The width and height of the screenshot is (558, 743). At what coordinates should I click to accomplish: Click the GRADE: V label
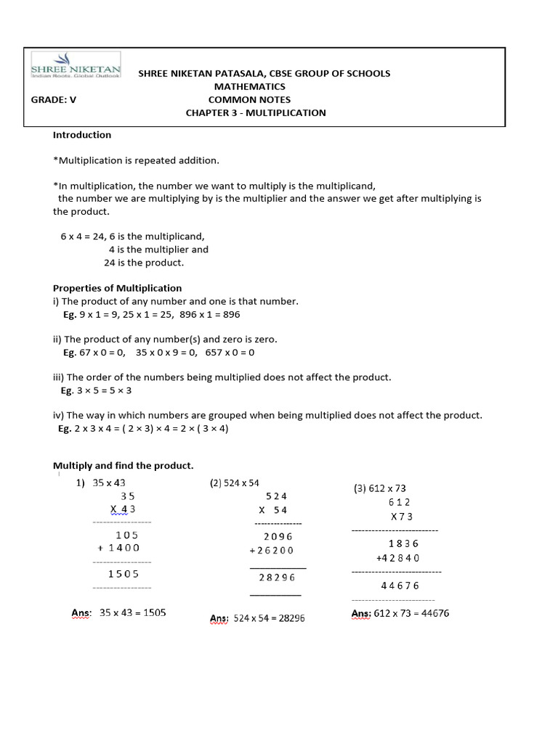click(53, 100)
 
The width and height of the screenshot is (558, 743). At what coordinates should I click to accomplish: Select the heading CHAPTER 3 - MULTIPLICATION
click(256, 112)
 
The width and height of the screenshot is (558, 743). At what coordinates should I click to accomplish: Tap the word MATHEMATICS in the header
click(249, 86)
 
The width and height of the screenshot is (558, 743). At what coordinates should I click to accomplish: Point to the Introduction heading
click(82, 135)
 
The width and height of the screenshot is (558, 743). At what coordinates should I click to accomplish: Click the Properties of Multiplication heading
click(118, 288)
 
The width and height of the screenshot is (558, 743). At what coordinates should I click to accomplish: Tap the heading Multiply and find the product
click(124, 465)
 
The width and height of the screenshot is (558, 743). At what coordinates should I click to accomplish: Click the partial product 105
click(127, 535)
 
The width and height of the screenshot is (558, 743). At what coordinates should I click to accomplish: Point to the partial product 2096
click(278, 537)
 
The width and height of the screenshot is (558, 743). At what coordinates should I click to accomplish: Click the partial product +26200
click(272, 551)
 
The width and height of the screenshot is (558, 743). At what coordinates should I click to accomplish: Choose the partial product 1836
click(404, 543)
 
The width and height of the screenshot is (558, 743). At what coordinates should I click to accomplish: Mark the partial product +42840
click(397, 558)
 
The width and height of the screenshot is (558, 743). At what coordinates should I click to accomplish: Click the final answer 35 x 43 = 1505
click(132, 613)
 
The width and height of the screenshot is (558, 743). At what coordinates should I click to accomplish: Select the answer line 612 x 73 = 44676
click(411, 614)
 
